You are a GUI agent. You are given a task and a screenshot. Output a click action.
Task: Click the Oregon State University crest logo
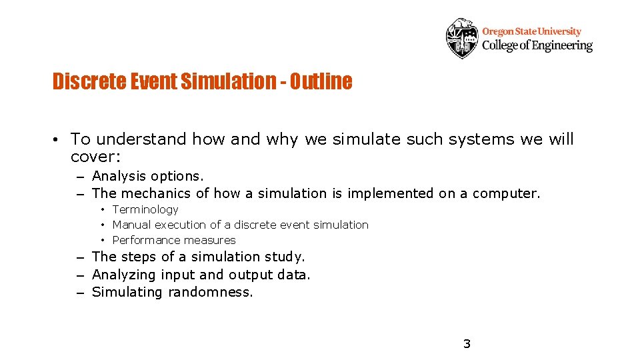[462, 38]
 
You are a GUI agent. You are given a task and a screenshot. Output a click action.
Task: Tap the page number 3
[467, 344]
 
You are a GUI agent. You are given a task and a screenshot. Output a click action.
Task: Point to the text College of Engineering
[537, 45]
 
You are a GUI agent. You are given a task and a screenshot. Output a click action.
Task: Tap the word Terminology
[145, 209]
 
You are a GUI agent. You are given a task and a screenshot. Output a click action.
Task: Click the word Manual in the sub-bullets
[131, 225]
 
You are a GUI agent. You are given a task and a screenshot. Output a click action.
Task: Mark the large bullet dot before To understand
[59, 140]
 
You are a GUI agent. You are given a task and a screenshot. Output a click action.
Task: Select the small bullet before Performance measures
[103, 240]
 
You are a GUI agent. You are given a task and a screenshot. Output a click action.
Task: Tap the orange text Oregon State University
[531, 31]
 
